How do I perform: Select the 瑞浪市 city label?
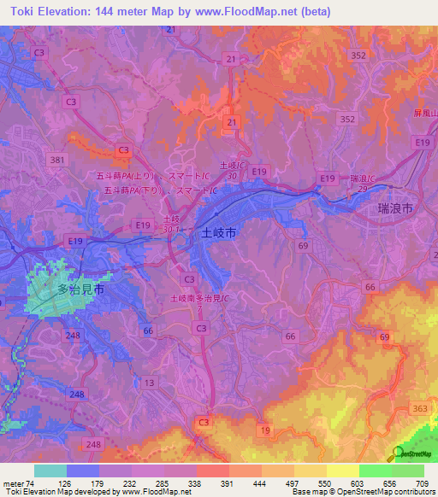396,208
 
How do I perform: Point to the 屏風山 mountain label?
424,114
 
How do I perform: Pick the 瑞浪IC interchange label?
366,178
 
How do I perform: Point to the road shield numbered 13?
151,383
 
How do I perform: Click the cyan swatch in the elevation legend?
50,471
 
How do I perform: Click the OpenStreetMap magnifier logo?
399,453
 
